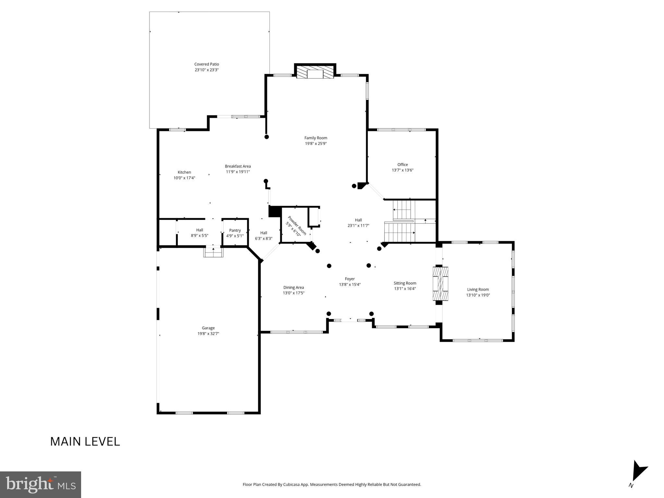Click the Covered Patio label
[206, 64]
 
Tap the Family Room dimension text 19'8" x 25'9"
[315, 144]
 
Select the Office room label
[402, 165]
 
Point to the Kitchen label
[184, 172]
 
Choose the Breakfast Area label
[238, 166]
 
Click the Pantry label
[235, 231]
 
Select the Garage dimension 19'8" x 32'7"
[208, 334]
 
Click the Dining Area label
[294, 288]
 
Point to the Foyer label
[350, 279]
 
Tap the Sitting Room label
[405, 283]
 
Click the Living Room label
[478, 290]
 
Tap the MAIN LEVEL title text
[85, 442]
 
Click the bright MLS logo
[41, 484]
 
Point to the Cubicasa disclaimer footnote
[332, 485]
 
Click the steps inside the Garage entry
[213, 252]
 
